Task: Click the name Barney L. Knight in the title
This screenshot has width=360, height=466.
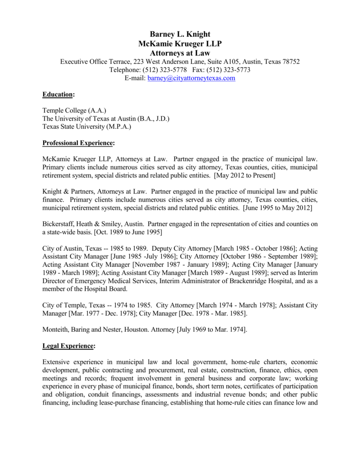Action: coord(180,35)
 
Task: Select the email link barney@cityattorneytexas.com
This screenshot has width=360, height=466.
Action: coord(191,78)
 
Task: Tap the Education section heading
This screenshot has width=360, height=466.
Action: coord(58,94)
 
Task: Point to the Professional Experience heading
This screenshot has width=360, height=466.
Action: coord(78,143)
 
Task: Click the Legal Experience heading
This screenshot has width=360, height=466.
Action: coord(68,346)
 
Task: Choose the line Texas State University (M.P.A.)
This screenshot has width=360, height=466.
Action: coord(87,127)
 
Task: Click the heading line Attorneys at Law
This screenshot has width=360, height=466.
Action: coord(180,53)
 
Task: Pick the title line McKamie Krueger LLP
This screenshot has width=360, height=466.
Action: coord(180,44)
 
